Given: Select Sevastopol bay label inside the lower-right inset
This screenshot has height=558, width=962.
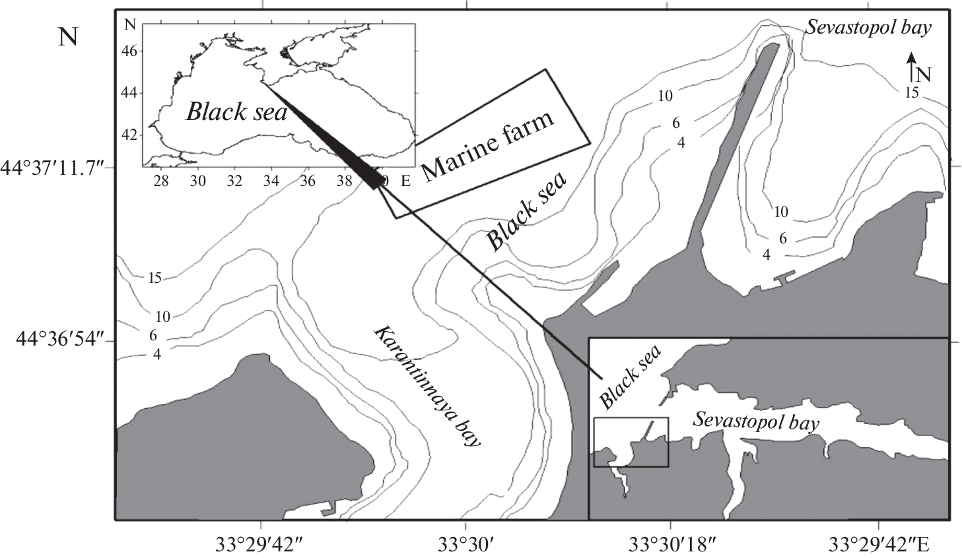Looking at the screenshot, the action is (x=755, y=423).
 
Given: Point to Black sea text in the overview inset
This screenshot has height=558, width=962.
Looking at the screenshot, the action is (x=236, y=112).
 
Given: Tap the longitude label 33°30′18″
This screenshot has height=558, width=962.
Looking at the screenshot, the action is (x=673, y=545).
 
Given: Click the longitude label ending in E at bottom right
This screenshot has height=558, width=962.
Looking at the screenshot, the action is (x=879, y=545).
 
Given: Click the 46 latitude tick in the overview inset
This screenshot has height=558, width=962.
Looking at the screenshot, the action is (x=129, y=51).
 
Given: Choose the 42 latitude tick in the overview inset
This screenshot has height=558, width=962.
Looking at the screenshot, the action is (x=129, y=135).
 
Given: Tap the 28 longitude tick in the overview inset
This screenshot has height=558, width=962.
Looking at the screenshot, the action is (x=161, y=181).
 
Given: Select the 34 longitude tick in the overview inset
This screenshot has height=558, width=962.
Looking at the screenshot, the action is (x=271, y=181).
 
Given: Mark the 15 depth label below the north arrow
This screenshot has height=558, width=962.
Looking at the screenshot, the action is (x=911, y=92).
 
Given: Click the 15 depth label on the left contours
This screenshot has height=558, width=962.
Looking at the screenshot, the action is (x=155, y=278).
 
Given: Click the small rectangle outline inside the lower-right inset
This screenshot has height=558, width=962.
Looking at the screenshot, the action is (x=631, y=418).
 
